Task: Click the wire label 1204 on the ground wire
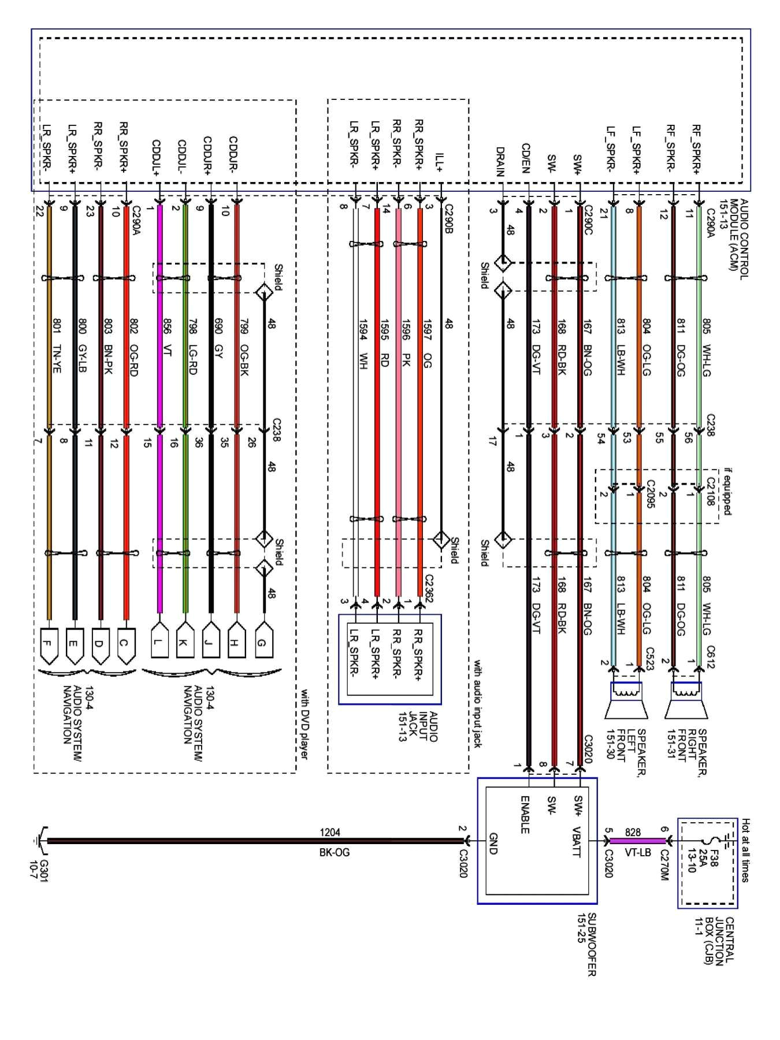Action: (x=330, y=833)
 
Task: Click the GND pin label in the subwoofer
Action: (x=493, y=843)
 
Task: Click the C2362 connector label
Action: (x=429, y=589)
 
